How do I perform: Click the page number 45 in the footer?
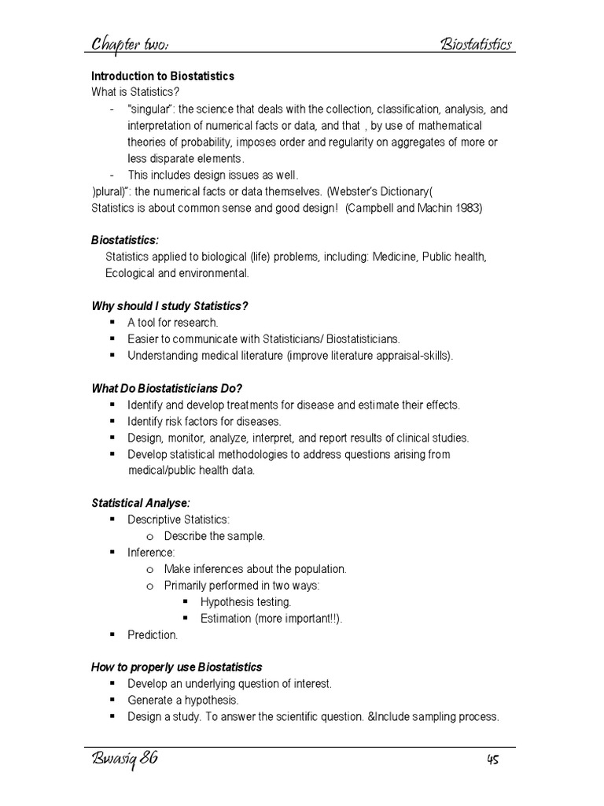pyautogui.click(x=492, y=760)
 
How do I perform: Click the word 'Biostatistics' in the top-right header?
pyautogui.click(x=476, y=43)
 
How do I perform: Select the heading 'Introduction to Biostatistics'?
pyautogui.click(x=163, y=76)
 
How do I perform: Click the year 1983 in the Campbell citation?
pyautogui.click(x=468, y=208)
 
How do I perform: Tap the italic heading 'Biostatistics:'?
pyautogui.click(x=125, y=240)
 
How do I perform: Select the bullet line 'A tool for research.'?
pyautogui.click(x=173, y=322)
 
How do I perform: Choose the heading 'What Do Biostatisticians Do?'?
pyautogui.click(x=167, y=388)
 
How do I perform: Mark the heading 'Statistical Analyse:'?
pyautogui.click(x=141, y=503)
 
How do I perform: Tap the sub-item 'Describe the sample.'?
pyautogui.click(x=215, y=536)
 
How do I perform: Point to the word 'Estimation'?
pyautogui.click(x=225, y=618)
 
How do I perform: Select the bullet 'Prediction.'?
pyautogui.click(x=153, y=634)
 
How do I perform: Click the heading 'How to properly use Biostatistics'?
pyautogui.click(x=177, y=667)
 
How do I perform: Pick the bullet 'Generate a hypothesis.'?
pyautogui.click(x=182, y=700)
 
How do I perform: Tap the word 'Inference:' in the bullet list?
pyautogui.click(x=151, y=553)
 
